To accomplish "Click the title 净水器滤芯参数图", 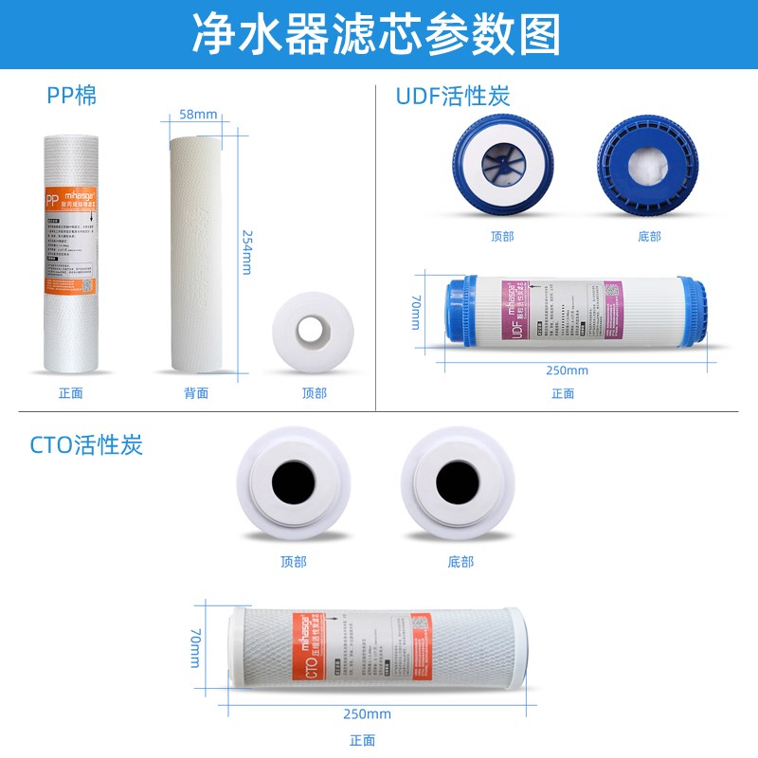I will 376,34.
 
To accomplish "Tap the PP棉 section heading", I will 72,95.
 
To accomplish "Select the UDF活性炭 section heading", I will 453,96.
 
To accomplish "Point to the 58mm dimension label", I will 198,116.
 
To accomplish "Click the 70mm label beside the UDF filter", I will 415,310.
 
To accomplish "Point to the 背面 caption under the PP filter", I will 196,393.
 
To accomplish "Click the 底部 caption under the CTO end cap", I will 460,562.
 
